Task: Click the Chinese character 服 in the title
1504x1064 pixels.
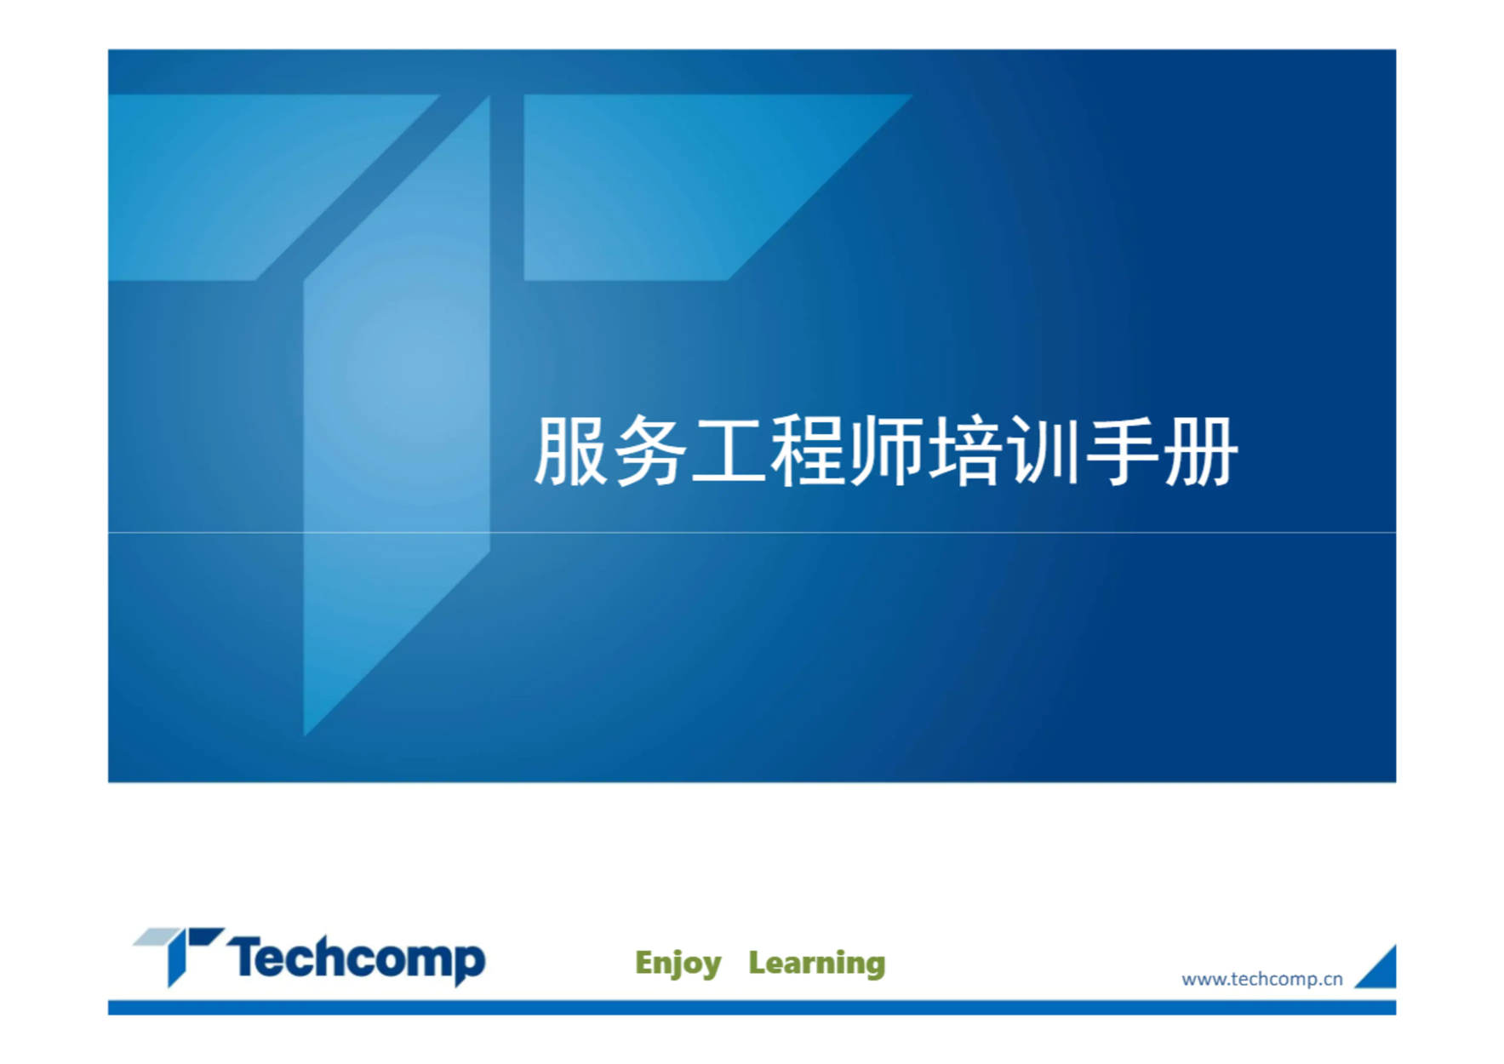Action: (570, 451)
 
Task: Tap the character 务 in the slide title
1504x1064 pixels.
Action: (649, 451)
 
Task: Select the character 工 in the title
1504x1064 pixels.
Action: (729, 452)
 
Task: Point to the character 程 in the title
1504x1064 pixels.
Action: (807, 451)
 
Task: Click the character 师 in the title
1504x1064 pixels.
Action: (885, 451)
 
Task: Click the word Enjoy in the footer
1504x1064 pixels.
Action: (678, 964)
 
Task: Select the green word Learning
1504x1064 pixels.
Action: (817, 964)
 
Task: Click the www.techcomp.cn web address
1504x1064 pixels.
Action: (1262, 979)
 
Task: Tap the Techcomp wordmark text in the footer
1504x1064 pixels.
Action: (356, 959)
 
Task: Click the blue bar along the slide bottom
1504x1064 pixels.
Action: (752, 1008)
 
